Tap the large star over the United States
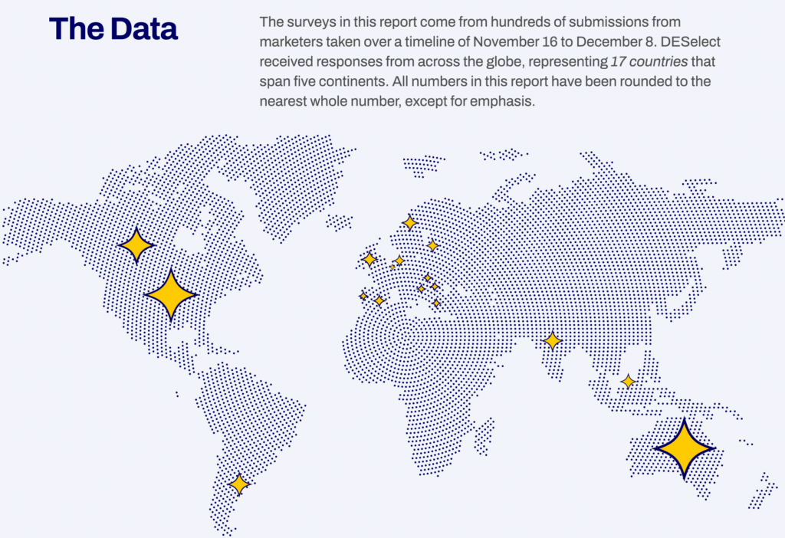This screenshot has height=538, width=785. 171,294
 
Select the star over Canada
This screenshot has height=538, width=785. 136,246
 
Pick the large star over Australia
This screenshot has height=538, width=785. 684,448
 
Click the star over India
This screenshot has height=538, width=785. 552,340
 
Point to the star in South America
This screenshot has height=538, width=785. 239,484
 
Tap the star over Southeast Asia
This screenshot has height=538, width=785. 628,381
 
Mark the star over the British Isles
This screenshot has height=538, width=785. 370,259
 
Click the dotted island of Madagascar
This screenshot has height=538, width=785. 483,436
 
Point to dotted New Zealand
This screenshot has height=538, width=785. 763,490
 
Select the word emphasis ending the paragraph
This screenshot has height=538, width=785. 502,101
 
